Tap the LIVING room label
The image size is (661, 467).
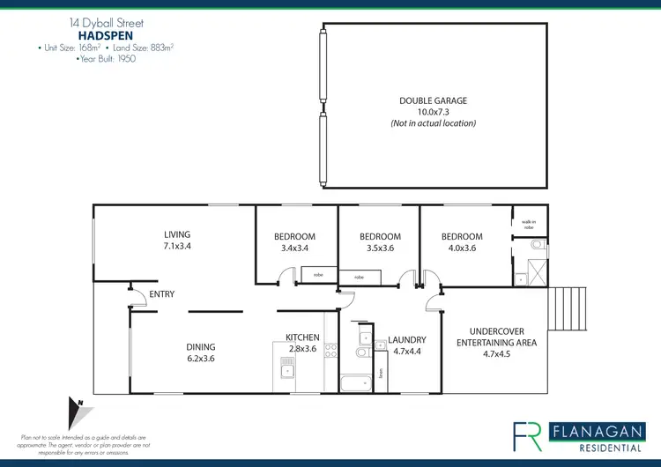click(x=177, y=235)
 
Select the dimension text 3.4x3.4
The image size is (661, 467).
click(x=293, y=249)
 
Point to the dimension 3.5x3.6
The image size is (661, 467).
click(x=381, y=249)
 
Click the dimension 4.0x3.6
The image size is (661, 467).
click(x=462, y=249)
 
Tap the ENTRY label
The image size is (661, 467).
click(x=162, y=294)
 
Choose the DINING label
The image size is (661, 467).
click(x=200, y=346)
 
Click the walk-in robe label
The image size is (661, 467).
click(x=529, y=225)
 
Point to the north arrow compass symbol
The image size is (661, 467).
click(x=78, y=412)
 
